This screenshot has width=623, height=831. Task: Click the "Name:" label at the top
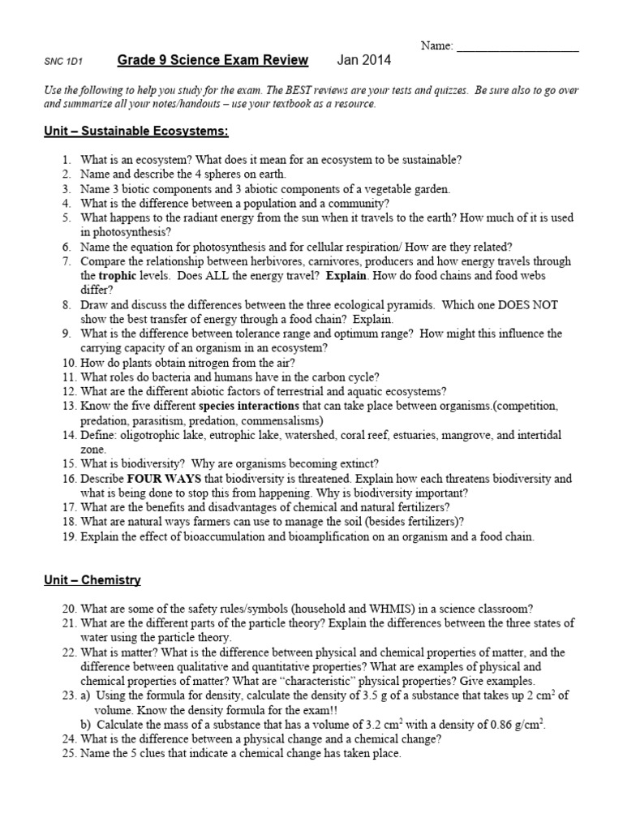436,46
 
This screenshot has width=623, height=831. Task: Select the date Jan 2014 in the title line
364,60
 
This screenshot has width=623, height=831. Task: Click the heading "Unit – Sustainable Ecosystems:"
136,131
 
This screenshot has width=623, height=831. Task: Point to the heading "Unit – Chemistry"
92,580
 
